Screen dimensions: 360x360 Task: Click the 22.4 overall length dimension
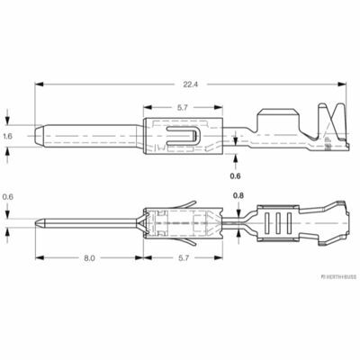pos(191,85)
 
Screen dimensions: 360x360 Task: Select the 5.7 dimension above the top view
pos(182,108)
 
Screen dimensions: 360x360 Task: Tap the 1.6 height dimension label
pos(7,136)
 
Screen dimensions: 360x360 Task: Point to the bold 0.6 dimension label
pos(235,176)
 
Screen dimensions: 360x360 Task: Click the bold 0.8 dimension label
pos(238,196)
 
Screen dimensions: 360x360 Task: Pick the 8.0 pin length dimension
pos(89,258)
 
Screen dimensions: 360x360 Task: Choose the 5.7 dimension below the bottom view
pos(184,258)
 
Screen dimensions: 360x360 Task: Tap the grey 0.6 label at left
pos(7,197)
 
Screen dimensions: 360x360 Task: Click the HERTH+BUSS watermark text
pos(338,276)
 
